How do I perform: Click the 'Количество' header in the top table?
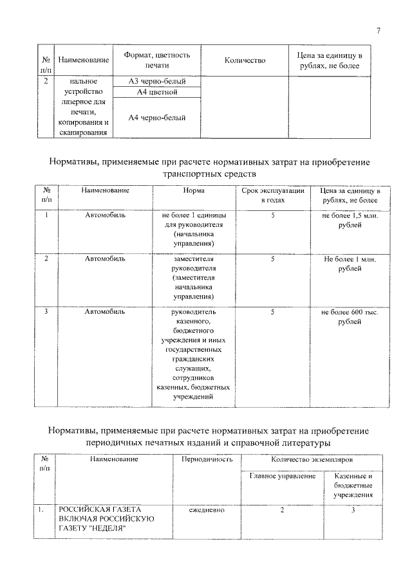245,60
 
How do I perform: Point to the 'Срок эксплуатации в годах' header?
273,196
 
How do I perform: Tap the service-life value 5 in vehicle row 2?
273,259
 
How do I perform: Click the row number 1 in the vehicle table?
46,215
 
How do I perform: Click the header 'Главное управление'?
283,476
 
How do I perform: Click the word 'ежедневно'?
207,510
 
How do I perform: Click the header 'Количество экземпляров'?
312,460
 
